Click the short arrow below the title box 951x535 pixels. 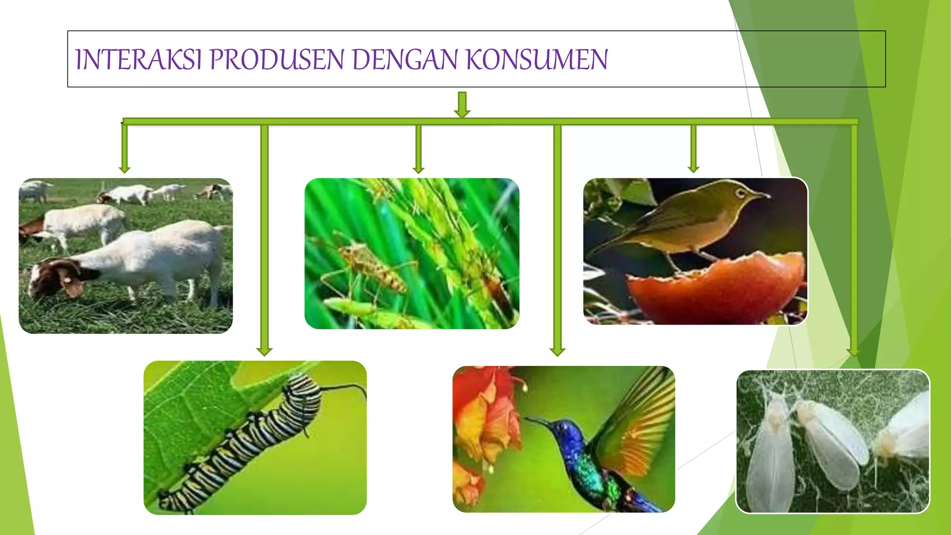(x=462, y=105)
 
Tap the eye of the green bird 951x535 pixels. (x=740, y=192)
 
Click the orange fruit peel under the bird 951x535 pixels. (x=715, y=288)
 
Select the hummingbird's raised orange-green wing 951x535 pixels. (x=641, y=418)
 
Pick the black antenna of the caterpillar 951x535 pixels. (x=344, y=386)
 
